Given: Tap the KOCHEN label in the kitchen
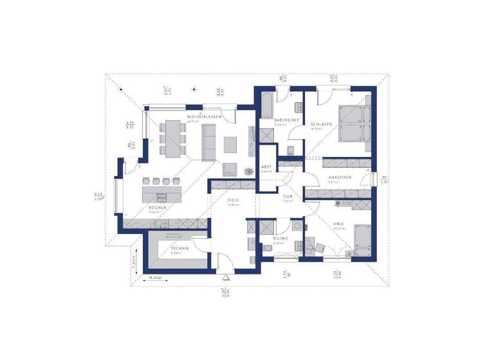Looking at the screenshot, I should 158,208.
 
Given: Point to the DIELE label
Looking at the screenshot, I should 233,200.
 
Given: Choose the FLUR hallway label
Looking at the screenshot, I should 288,197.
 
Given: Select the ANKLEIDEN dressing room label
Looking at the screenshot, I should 339,177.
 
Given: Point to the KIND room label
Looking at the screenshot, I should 338,223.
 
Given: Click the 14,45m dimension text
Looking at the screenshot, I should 155,277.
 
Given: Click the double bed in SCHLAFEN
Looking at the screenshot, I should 352,123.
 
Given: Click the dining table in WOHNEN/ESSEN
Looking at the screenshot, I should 171,138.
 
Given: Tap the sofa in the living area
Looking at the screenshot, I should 208,142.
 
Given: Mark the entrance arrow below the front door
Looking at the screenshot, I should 226,277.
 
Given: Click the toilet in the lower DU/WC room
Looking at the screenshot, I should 297,230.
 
